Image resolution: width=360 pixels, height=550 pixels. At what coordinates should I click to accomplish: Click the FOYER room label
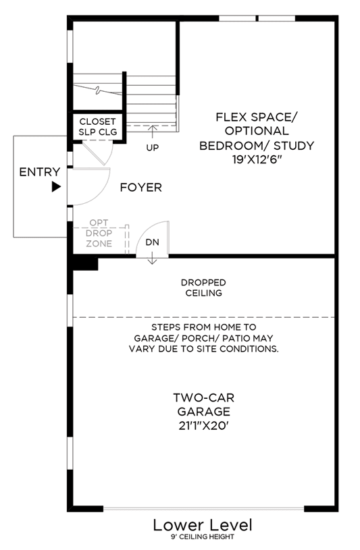click(x=141, y=188)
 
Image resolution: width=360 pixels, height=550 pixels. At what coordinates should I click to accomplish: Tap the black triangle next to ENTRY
click(x=56, y=187)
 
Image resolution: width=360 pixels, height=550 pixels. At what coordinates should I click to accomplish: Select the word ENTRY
click(x=40, y=172)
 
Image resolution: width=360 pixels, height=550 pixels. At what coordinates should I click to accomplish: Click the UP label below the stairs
click(x=153, y=148)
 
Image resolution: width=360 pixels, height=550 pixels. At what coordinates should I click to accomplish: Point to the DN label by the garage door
click(x=153, y=242)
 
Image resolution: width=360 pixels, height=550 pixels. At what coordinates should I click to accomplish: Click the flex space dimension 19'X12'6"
click(x=257, y=159)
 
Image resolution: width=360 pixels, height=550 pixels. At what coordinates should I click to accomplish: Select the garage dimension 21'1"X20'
click(x=204, y=425)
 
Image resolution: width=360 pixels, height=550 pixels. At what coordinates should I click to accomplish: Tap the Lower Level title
click(x=203, y=525)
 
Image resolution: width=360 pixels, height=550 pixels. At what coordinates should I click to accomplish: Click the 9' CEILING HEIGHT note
click(x=203, y=537)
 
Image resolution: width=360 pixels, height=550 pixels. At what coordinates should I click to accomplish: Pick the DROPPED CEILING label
click(x=204, y=287)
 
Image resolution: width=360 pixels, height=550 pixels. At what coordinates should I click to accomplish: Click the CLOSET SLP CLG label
click(x=97, y=127)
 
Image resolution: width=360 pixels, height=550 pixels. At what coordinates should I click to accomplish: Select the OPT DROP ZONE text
click(x=99, y=233)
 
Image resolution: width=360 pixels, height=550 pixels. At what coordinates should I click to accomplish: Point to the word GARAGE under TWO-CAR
click(x=204, y=412)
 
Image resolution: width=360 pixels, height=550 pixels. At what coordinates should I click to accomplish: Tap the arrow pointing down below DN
click(x=152, y=258)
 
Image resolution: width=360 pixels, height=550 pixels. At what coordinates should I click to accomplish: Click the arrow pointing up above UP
click(x=152, y=132)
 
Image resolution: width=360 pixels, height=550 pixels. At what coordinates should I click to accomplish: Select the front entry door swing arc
click(x=100, y=194)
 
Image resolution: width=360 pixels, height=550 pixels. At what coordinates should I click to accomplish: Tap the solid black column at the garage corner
click(x=85, y=263)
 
